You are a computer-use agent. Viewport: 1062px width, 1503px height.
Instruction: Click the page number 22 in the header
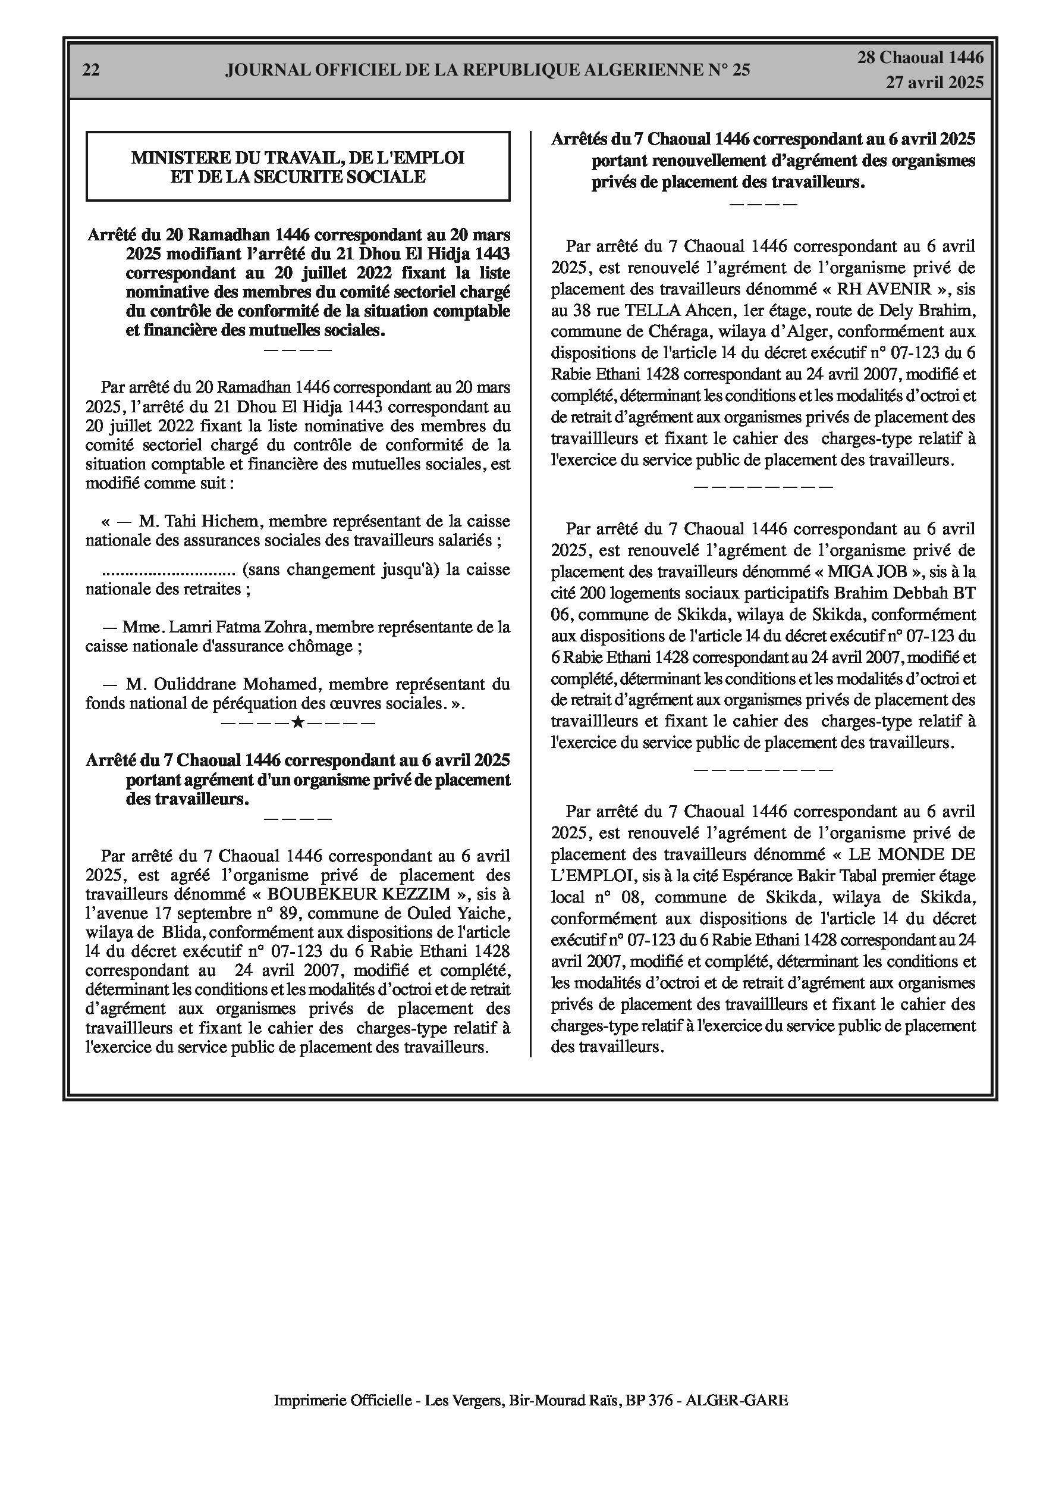[91, 71]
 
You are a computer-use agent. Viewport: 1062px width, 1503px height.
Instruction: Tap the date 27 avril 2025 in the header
[934, 83]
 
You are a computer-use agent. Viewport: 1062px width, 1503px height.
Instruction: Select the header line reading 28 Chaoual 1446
[920, 58]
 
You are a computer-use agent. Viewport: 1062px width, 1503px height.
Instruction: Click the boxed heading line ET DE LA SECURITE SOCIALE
[298, 177]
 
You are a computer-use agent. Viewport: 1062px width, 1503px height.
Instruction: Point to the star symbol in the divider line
[298, 723]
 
